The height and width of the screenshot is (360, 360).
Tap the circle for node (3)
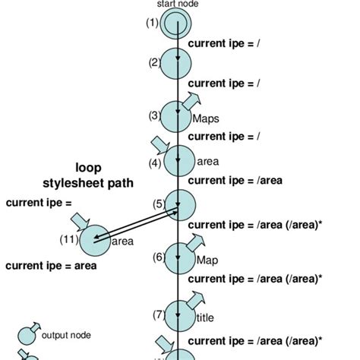[x=177, y=115]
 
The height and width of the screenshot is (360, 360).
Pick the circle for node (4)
[x=179, y=160]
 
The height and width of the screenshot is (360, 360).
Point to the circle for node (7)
[x=178, y=314]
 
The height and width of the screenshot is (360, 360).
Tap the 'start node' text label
[x=175, y=4]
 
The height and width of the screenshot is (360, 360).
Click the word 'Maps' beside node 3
[x=205, y=119]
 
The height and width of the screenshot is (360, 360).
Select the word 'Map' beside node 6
[x=207, y=261]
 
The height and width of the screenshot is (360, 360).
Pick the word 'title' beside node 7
[x=205, y=318]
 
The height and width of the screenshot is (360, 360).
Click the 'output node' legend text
[x=66, y=333]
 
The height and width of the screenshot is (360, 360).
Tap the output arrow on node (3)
[x=191, y=100]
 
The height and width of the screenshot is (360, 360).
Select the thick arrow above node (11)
[x=79, y=221]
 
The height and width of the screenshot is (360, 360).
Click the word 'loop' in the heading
[x=88, y=167]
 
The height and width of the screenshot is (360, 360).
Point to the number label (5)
[x=159, y=204]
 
